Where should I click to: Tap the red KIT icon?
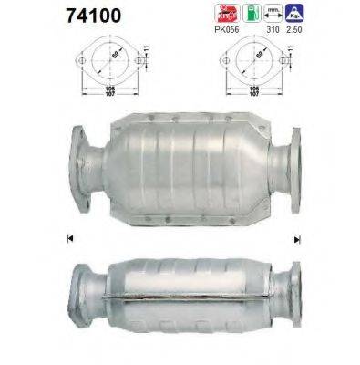(224, 13)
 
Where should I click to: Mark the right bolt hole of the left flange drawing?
(136, 62)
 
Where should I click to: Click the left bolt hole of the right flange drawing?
(223, 62)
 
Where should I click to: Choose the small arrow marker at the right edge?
(296, 239)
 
